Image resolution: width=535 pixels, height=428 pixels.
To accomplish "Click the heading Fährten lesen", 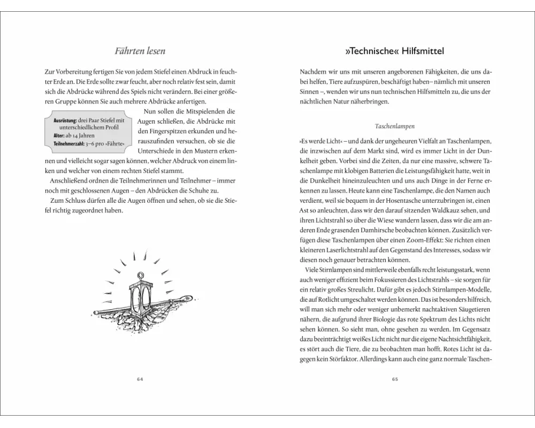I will click(x=140, y=51).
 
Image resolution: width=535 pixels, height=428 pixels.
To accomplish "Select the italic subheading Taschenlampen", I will click(x=395, y=127).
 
